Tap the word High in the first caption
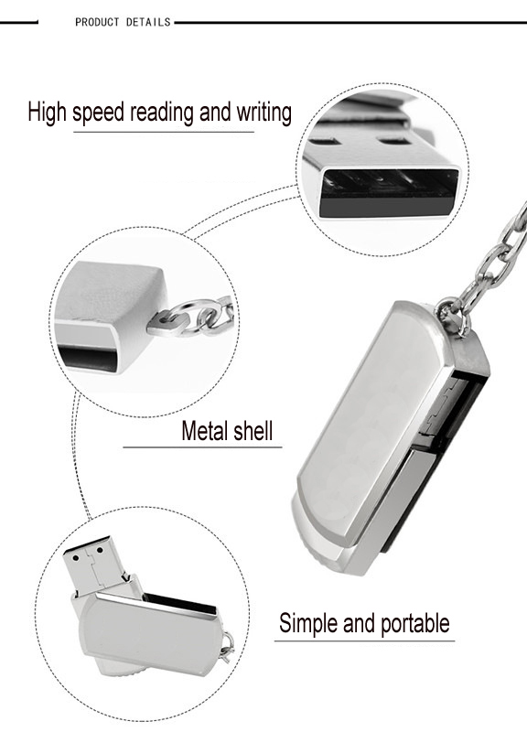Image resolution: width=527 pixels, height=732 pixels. tap(48, 113)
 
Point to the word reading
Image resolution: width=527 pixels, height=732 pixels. tap(164, 113)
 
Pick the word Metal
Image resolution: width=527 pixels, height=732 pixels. tap(206, 431)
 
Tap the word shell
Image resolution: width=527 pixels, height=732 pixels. tap(254, 431)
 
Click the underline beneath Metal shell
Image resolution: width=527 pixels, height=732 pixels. tap(202, 447)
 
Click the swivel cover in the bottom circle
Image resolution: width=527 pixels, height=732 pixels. tap(146, 636)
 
